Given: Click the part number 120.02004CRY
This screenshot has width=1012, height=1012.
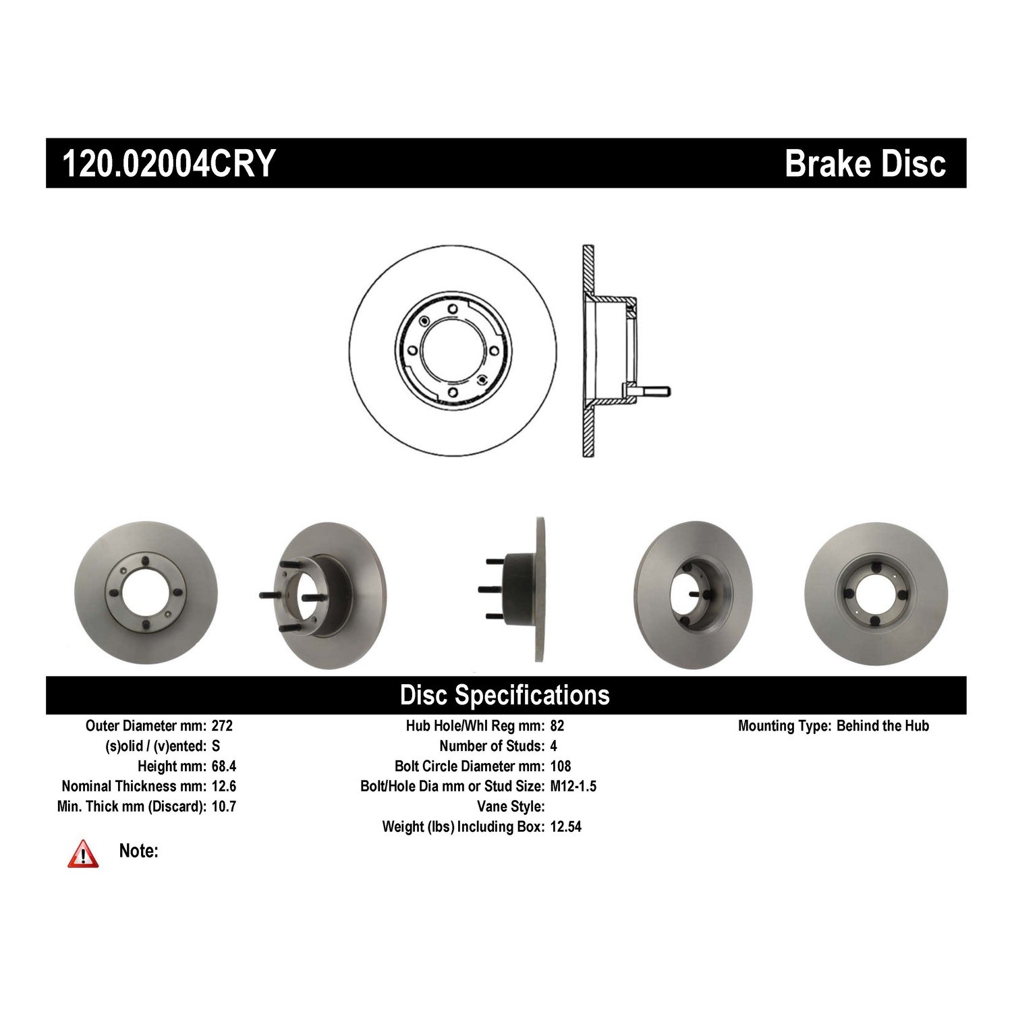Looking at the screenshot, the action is (x=169, y=163).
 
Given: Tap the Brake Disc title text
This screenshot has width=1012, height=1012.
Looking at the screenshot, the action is (x=866, y=163).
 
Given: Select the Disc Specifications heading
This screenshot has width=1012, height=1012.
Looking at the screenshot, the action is (x=505, y=695).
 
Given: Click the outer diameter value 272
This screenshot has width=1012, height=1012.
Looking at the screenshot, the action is (x=222, y=726).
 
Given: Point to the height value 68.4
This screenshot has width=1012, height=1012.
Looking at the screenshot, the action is (x=224, y=766).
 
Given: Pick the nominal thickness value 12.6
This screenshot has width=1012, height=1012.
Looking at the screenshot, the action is (x=224, y=787).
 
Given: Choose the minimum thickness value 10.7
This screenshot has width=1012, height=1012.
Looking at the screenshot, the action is (x=224, y=807).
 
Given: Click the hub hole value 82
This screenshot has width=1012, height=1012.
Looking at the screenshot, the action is (x=557, y=726).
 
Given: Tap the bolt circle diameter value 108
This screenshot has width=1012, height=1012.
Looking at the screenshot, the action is (x=561, y=766).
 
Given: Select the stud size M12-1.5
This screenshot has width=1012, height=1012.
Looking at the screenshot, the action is (x=573, y=787).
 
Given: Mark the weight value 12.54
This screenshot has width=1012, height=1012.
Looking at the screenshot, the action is (x=566, y=827).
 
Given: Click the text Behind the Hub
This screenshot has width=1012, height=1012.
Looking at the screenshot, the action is (x=882, y=726).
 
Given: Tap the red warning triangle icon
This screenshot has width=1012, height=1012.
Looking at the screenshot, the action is (x=83, y=853).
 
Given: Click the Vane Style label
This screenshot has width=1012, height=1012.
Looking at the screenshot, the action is (x=511, y=807).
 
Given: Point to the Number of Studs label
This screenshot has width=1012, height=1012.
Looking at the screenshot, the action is (x=492, y=746).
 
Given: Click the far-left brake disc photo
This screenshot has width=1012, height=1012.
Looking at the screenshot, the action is (x=146, y=592).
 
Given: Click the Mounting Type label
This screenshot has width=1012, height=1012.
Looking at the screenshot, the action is (x=784, y=726).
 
